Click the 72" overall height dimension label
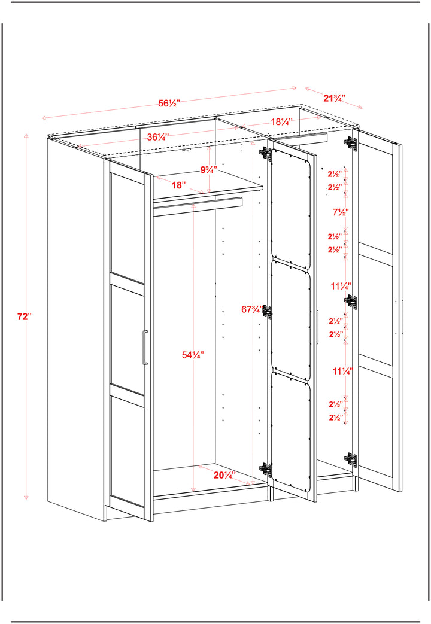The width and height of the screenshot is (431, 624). pos(23,317)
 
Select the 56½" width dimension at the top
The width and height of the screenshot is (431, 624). pos(169,103)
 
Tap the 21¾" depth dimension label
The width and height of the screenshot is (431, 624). pos(334,98)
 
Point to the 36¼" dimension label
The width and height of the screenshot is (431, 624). pos(157,137)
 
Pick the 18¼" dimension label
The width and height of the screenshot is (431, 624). pos(281,121)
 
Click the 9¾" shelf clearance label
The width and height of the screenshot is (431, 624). pos(208,170)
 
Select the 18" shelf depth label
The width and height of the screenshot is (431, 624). pos(178,185)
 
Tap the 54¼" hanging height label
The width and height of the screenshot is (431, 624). pos(193,354)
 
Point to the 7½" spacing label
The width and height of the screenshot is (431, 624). pos(341,212)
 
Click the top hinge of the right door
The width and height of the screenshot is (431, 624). pos(351,144)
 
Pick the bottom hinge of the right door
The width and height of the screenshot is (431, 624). pos(351,459)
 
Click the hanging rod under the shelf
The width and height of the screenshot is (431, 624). pos(198,203)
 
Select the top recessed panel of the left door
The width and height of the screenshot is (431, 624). pos(127,227)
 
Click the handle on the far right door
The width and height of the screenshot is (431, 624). pos(403,317)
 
